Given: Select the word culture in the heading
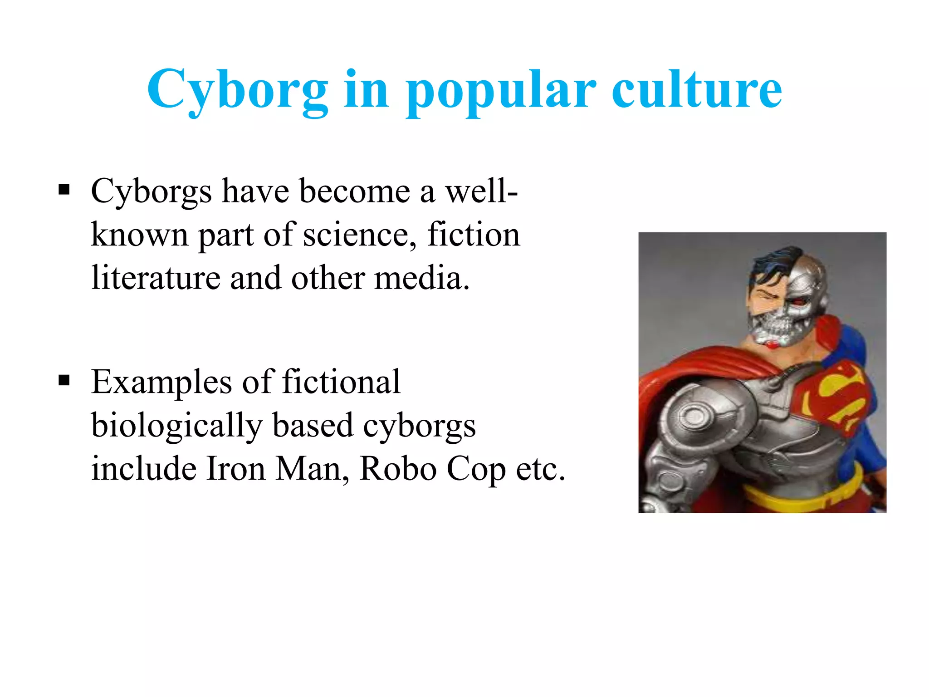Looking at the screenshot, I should coord(697,89).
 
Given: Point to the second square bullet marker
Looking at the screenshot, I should coord(64,380).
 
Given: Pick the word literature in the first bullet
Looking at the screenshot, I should coord(156,278).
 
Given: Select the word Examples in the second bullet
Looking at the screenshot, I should coord(161,382).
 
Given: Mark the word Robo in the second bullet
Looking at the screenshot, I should coord(398,468).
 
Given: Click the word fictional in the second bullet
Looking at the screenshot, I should coord(341,382).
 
